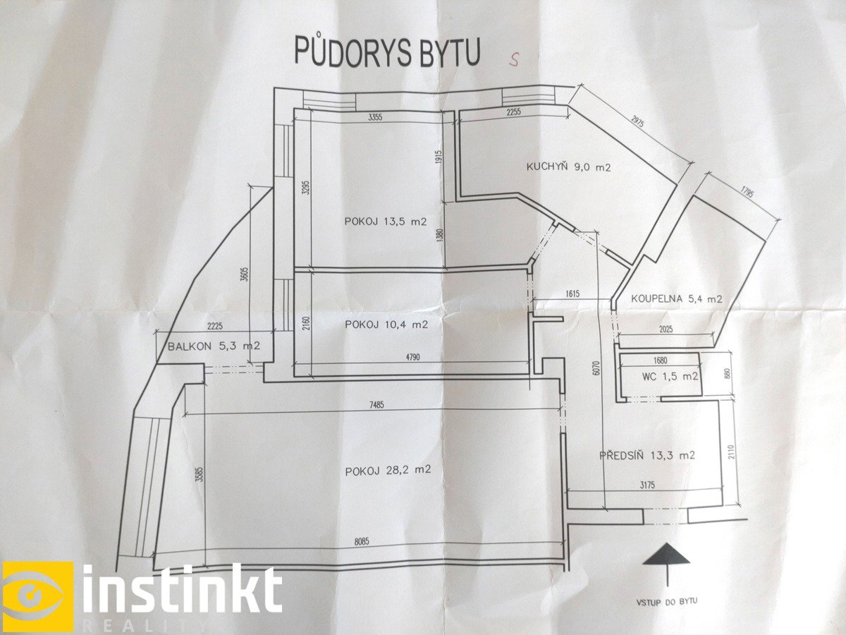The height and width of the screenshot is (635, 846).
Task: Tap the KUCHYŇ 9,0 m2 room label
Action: click(x=568, y=167)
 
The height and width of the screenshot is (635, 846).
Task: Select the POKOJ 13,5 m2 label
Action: click(x=386, y=222)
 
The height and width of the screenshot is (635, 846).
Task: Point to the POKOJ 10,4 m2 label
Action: click(x=386, y=325)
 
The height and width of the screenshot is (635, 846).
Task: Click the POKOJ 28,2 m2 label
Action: click(x=388, y=471)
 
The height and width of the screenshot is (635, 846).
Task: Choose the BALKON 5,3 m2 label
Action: click(x=214, y=346)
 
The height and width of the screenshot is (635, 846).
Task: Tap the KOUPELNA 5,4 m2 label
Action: click(x=676, y=298)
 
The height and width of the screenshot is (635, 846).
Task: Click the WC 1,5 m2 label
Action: click(x=670, y=377)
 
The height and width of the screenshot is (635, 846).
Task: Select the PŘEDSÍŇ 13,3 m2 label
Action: click(x=647, y=455)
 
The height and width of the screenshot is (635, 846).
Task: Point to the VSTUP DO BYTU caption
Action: click(x=667, y=602)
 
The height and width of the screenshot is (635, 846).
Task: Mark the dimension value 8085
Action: click(x=362, y=542)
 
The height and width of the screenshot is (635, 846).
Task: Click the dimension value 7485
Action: click(x=376, y=405)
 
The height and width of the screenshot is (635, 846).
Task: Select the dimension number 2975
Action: click(x=639, y=125)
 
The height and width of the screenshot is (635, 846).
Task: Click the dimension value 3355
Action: click(x=375, y=117)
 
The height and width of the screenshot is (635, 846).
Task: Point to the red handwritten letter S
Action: click(x=514, y=59)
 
